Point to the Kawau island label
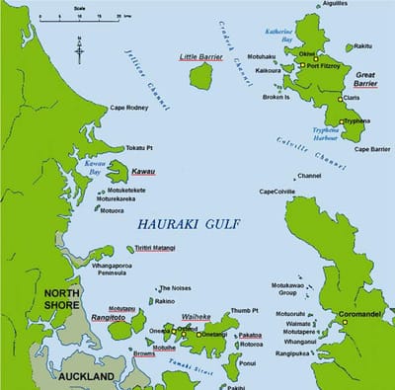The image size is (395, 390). (143, 171)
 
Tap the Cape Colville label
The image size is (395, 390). (277, 192)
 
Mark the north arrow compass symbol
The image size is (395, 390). (79, 47)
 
